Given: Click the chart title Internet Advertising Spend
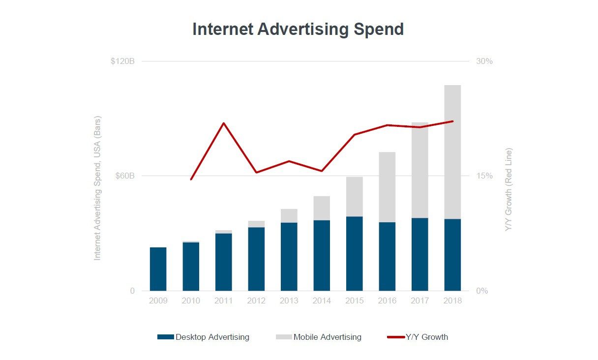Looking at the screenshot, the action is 298,29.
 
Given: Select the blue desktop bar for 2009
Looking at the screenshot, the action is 158,269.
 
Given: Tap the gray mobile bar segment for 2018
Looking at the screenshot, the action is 452,152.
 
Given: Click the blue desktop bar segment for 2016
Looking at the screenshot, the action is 387,256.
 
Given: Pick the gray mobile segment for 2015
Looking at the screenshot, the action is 354,197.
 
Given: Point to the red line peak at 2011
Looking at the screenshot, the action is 224,123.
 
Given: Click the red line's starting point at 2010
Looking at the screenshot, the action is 191,180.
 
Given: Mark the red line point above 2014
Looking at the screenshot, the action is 322,171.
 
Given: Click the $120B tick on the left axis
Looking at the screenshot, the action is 122,61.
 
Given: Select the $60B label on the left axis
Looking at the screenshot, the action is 125,176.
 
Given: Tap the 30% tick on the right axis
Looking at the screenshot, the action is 484,61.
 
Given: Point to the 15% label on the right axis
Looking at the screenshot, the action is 484,176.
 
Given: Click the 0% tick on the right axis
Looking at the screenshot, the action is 482,291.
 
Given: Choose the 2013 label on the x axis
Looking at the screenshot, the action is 289,300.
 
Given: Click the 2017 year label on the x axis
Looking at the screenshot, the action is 419,300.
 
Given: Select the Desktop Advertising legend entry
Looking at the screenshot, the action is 204,337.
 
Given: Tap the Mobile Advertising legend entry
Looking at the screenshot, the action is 319,337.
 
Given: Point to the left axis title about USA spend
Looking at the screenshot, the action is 97,188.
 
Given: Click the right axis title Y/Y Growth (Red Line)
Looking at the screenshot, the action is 508,189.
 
